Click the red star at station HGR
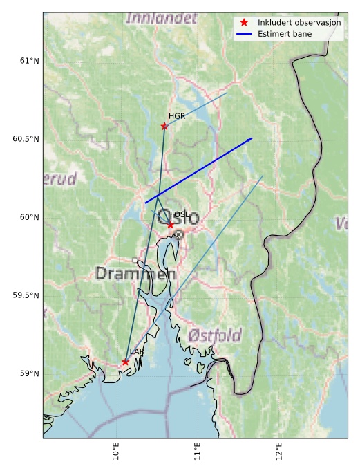point(164,126)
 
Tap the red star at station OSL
point(170,225)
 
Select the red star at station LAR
point(125,362)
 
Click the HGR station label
point(177,116)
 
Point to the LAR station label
point(137,352)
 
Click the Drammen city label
point(135,274)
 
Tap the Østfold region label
point(215,336)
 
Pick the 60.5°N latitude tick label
point(26,139)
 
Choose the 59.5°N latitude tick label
point(26,295)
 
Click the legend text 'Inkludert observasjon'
point(299,22)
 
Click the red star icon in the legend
point(244,22)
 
